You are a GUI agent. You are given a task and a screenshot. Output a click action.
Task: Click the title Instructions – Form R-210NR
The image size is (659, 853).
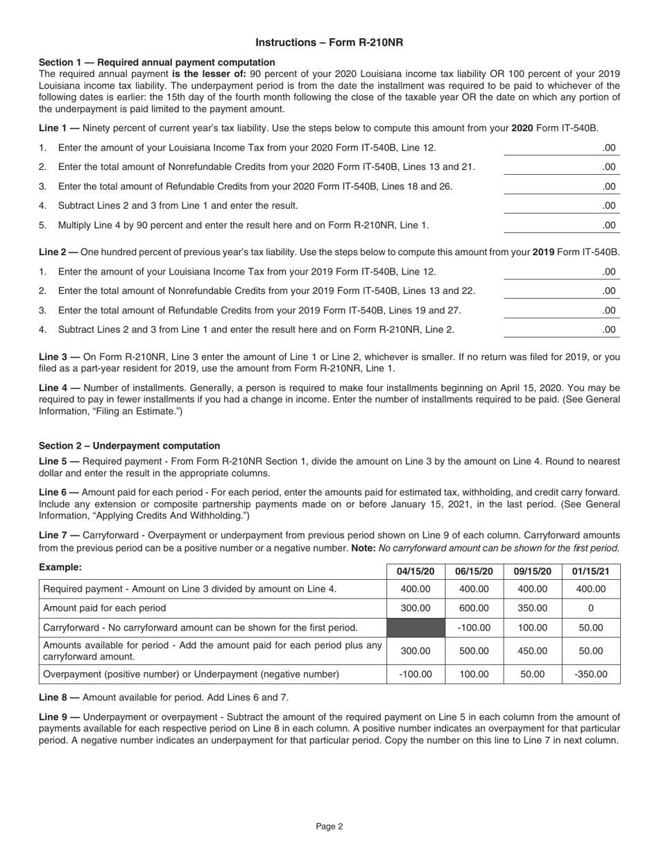tap(329, 42)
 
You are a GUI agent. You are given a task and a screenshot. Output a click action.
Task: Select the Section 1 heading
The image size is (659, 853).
tap(147, 62)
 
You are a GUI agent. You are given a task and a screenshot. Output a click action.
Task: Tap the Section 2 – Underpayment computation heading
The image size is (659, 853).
tap(129, 446)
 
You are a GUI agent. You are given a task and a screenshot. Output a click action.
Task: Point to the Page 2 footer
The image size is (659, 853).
tap(329, 826)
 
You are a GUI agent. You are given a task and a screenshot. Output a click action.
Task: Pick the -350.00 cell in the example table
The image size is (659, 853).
tap(591, 674)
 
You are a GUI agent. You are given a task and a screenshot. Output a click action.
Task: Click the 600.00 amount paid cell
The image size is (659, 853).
tap(474, 608)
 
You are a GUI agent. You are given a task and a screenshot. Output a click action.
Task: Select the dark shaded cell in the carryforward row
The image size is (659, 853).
tap(416, 628)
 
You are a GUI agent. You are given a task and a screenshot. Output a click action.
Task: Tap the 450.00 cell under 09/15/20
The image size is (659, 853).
tap(532, 651)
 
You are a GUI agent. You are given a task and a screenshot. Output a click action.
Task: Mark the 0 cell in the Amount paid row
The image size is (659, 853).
tap(591, 608)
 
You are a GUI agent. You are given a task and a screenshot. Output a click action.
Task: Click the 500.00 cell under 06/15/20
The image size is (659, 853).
tap(474, 651)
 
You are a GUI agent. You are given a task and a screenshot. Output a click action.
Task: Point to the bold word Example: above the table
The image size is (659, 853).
tap(60, 567)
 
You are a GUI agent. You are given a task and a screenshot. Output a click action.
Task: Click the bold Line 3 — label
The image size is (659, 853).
tap(58, 356)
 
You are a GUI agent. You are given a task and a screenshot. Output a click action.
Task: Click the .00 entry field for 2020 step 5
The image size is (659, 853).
tap(562, 225)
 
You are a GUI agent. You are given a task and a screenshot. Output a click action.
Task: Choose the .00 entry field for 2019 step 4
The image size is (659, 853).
tap(562, 329)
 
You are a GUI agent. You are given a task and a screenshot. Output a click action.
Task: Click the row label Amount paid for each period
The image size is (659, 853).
tap(105, 608)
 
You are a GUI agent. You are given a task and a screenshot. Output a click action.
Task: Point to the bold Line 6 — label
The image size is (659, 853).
tap(58, 492)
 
